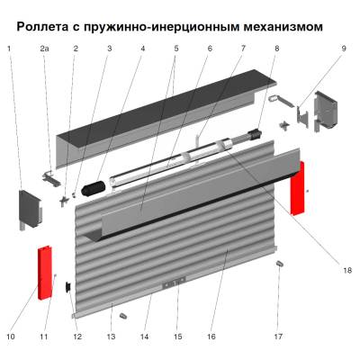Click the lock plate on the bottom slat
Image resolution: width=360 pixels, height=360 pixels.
pyautogui.click(x=171, y=285)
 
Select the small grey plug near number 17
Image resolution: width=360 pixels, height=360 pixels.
pyautogui.click(x=279, y=265)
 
